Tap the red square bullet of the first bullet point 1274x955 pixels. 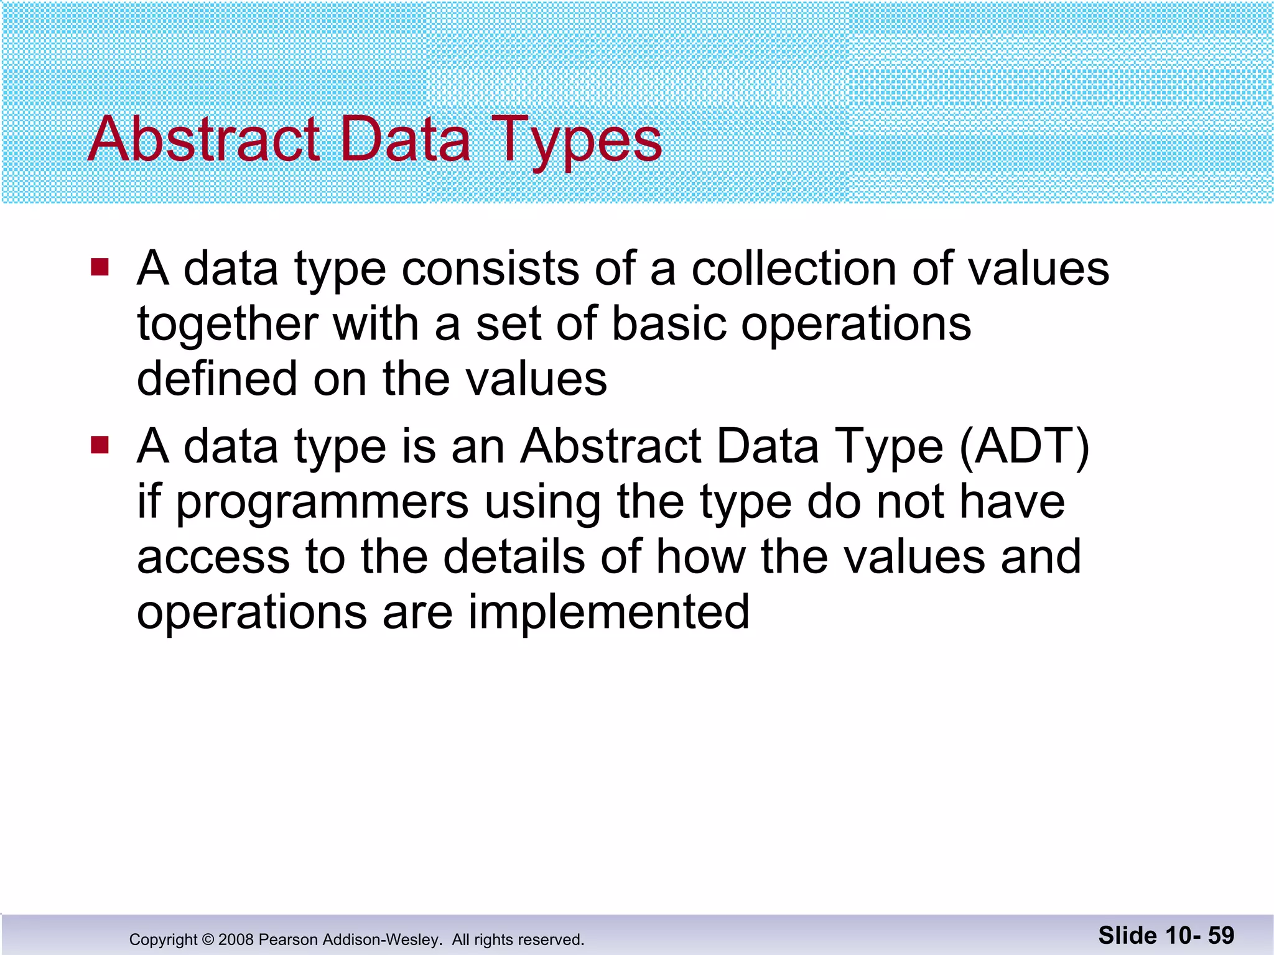(x=100, y=267)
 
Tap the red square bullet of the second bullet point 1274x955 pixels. (x=100, y=445)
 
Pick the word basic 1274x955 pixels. (x=669, y=324)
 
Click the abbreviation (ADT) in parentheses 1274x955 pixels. (x=1024, y=446)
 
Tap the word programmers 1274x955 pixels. (x=322, y=503)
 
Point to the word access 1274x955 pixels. (x=213, y=557)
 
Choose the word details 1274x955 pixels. (x=514, y=556)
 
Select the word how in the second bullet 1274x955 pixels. (x=701, y=556)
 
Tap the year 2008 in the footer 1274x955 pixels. (x=236, y=939)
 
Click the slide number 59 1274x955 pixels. (x=1221, y=935)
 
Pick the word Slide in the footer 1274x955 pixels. (x=1128, y=935)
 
